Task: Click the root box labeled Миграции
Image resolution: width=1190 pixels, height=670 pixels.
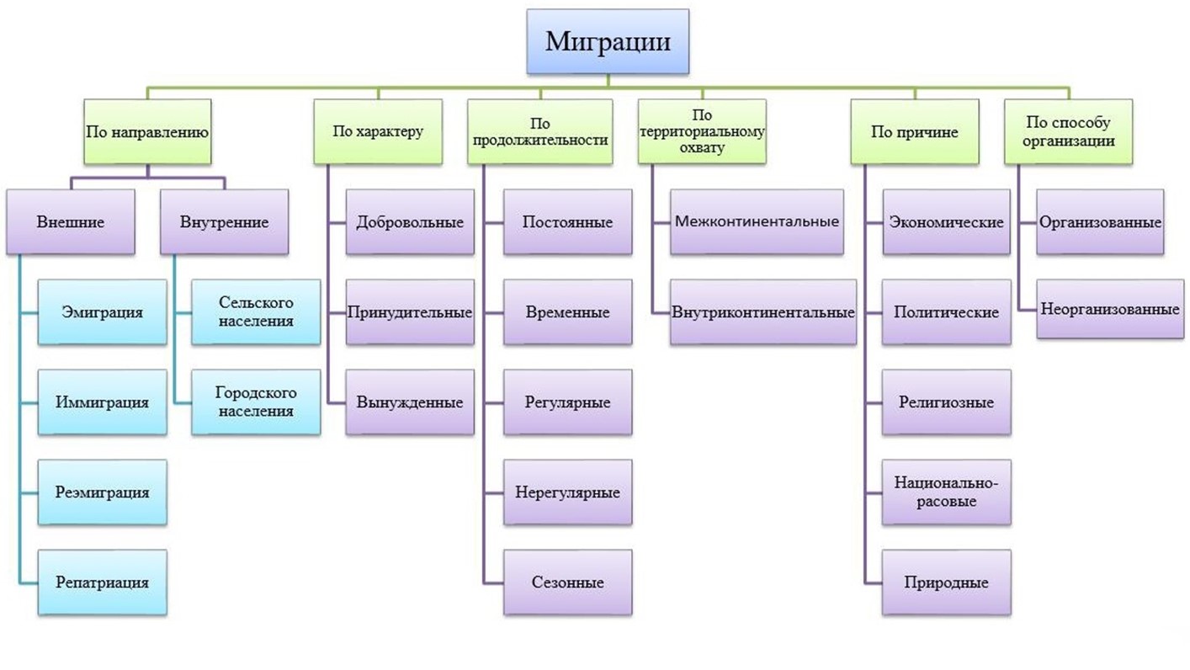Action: point(608,41)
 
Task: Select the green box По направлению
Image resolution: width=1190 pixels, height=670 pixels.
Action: point(147,131)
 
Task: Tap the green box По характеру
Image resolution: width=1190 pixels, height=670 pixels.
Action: point(378,131)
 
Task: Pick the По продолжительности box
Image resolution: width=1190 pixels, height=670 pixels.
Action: point(539,131)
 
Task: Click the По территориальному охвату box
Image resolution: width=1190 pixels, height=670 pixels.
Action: point(702,131)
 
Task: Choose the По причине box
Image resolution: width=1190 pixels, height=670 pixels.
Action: point(914,131)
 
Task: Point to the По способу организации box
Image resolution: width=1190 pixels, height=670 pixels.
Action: point(1068,131)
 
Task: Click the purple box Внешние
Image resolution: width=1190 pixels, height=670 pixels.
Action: point(71,222)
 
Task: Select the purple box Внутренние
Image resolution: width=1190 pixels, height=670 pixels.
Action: point(224,222)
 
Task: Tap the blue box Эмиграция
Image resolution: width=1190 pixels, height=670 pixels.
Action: point(102,312)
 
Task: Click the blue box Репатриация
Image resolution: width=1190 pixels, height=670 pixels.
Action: point(102,582)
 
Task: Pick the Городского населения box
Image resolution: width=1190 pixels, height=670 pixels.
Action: point(256,402)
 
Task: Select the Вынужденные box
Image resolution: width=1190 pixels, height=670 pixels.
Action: point(410,402)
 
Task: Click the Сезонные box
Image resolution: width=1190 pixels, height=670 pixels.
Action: point(568,582)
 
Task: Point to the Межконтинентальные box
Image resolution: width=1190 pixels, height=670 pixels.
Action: point(757,222)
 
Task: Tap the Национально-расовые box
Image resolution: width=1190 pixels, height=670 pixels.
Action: point(947,492)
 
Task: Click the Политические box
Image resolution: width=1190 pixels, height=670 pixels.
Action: point(947,312)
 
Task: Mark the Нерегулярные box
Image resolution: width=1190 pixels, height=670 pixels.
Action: point(568,492)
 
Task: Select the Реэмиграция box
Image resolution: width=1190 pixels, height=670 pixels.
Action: point(102,492)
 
